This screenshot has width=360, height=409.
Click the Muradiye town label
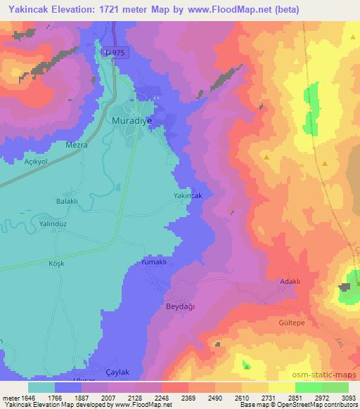(x=131, y=120)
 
